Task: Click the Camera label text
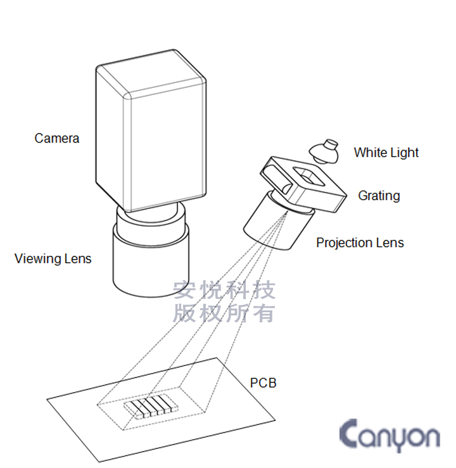pyautogui.click(x=57, y=138)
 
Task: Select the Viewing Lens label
pyautogui.click(x=53, y=258)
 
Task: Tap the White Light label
pyautogui.click(x=386, y=153)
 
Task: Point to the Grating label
pyautogui.click(x=379, y=196)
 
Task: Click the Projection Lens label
pyautogui.click(x=360, y=243)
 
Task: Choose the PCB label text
pyautogui.click(x=263, y=383)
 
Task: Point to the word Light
pyautogui.click(x=404, y=153)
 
